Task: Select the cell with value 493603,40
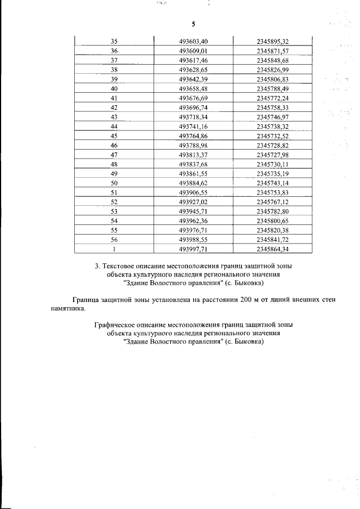tap(193, 41)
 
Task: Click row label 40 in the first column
tap(114, 89)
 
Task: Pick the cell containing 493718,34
tap(193, 117)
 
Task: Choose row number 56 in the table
tap(114, 240)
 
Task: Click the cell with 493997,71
tap(193, 249)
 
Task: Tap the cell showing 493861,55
tap(193, 174)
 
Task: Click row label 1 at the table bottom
tap(114, 249)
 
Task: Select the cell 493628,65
tap(193, 70)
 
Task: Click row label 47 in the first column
tap(114, 155)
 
